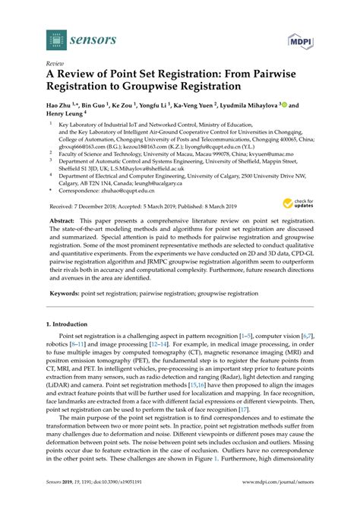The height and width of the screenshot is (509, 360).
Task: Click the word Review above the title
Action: coord(55,65)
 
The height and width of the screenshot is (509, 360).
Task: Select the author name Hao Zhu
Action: coord(63,106)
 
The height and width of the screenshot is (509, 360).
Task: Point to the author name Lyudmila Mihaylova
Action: coord(251,106)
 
